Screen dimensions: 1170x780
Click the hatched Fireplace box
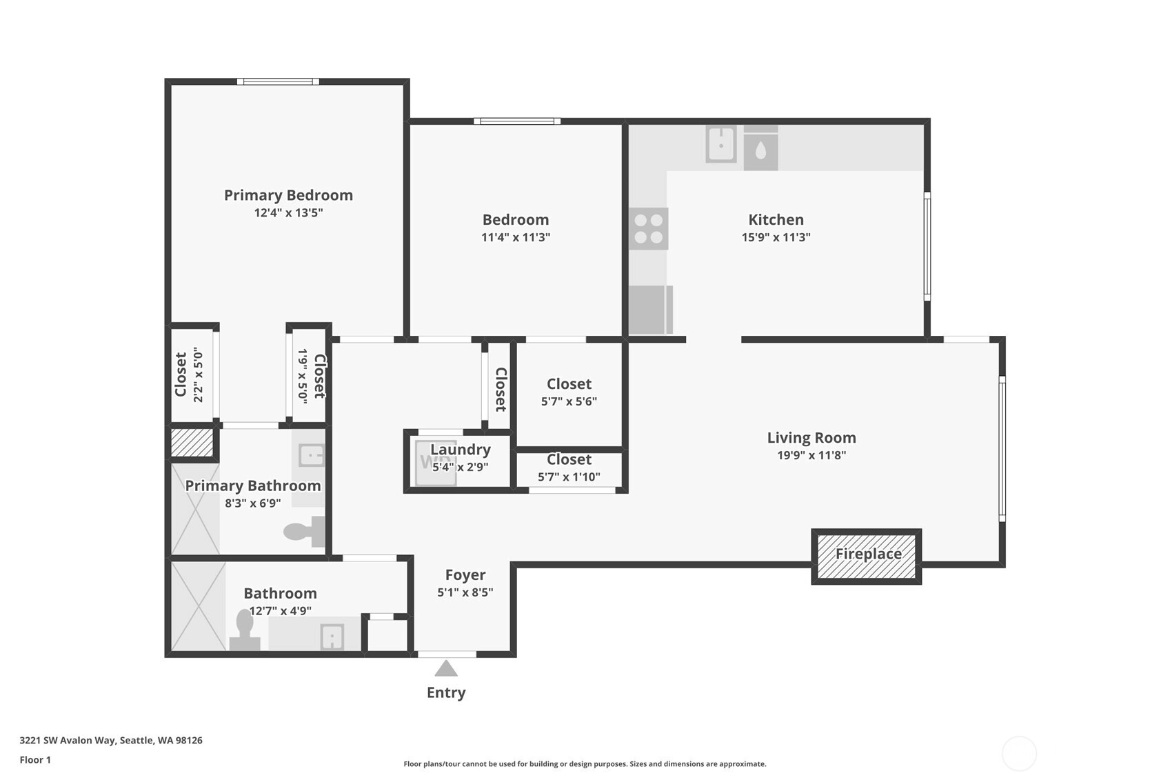click(866, 557)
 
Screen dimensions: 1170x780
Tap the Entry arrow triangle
click(446, 668)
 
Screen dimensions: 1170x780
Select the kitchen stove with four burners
click(648, 229)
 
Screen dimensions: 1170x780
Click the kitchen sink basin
click(720, 143)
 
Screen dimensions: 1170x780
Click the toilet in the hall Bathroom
click(245, 630)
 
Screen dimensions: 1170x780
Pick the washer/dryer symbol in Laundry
click(436, 463)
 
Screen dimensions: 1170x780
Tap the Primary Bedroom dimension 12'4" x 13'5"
click(288, 212)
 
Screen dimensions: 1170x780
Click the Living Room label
click(811, 438)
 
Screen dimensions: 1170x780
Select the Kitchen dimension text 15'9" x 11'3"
click(776, 237)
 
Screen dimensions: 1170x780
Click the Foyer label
click(465, 575)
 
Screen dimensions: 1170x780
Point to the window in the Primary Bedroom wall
click(278, 81)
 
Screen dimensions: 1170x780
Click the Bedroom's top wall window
click(517, 121)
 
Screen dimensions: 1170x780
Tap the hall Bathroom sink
click(332, 637)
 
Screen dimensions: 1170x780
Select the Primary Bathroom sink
click(312, 456)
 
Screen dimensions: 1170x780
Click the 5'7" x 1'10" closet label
click(569, 477)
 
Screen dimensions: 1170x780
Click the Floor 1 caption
click(35, 760)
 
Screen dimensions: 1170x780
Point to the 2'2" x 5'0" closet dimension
click(198, 375)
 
